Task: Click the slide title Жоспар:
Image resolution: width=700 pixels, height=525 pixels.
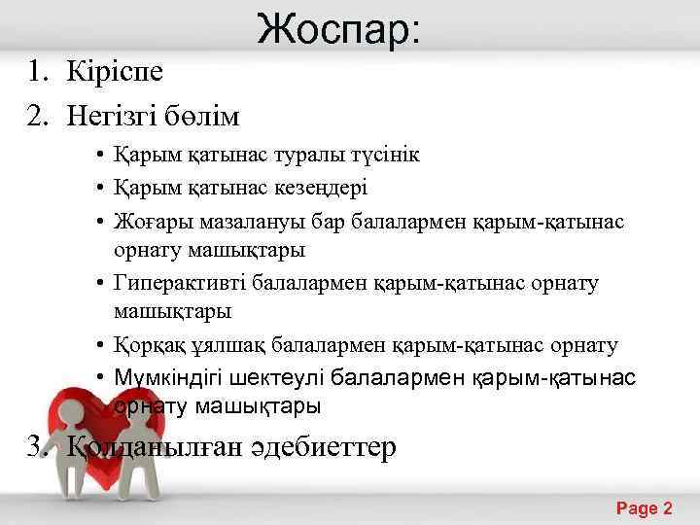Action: (339, 29)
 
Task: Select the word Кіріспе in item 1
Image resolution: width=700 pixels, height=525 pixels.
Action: (115, 72)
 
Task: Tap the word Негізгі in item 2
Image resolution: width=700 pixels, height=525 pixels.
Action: (109, 118)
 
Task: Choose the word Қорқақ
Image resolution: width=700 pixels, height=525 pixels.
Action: (145, 345)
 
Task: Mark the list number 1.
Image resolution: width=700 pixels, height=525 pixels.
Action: (35, 72)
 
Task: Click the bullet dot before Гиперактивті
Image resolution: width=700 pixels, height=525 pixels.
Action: (101, 284)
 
